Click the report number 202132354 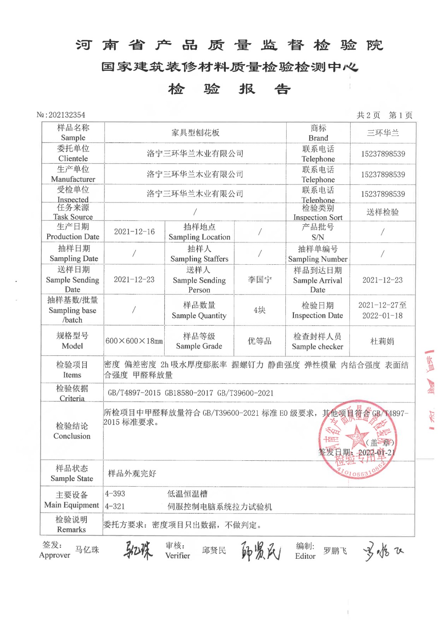[67, 115]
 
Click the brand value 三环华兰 [383, 133]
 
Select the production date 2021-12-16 [134, 232]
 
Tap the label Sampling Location [199, 237]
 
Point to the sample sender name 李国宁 [259, 280]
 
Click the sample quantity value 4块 [259, 310]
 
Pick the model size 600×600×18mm [134, 341]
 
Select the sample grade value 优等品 [259, 341]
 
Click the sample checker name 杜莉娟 [382, 341]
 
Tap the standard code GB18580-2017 [189, 393]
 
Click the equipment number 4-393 [115, 494]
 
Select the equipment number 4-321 [115, 506]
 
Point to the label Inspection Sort [318, 217]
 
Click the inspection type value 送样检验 [383, 212]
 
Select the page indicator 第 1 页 [400, 115]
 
